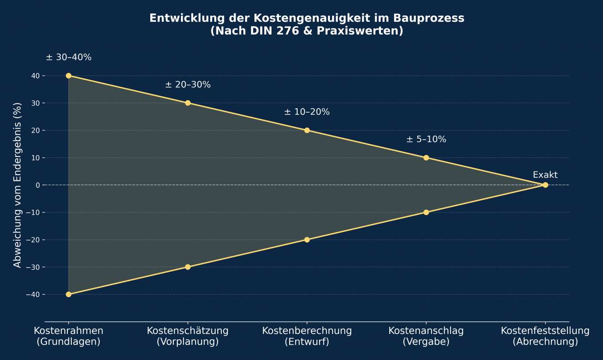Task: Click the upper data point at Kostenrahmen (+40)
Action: (x=69, y=76)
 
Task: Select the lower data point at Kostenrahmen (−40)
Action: (x=69, y=294)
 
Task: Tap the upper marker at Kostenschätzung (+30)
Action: (x=188, y=103)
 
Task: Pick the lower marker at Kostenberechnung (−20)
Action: (x=307, y=240)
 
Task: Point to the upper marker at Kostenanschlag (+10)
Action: (x=426, y=158)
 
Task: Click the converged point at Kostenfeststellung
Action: (x=545, y=185)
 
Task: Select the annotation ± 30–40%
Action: (x=69, y=58)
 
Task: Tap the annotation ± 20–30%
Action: (x=188, y=85)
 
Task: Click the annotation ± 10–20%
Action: (x=307, y=112)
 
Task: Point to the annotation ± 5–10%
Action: (x=426, y=139)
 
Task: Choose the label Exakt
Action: (x=545, y=175)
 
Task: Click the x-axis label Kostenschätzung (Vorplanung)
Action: (x=188, y=336)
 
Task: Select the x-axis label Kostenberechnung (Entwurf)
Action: (x=307, y=336)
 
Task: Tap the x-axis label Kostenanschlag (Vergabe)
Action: (x=426, y=336)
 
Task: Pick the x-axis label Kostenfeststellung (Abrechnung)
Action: (x=545, y=336)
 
